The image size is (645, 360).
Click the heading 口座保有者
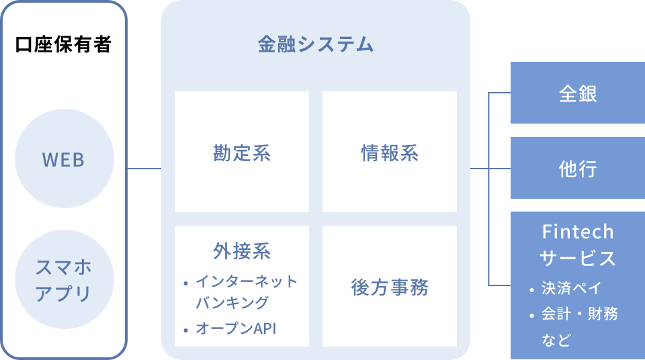tap(63, 44)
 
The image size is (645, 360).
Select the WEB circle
tap(64, 159)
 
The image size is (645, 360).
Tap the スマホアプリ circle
tap(64, 279)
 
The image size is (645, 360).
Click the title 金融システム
tap(316, 44)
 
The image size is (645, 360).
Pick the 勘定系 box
tap(242, 152)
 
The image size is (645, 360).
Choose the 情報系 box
tap(390, 152)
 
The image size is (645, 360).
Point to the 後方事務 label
tap(390, 287)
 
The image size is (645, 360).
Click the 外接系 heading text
tap(242, 251)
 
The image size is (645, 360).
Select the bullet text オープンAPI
tap(236, 328)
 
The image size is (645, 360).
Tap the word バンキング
tap(232, 302)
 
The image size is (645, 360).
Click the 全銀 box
tap(578, 93)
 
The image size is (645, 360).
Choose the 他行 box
tap(578, 168)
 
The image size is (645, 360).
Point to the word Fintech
tap(578, 232)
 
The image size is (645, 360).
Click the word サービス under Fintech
tap(578, 259)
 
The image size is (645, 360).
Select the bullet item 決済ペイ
tap(572, 288)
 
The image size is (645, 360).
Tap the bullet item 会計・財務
tap(580, 314)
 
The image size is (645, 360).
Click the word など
tap(556, 340)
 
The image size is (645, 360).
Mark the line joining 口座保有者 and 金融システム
tap(144, 169)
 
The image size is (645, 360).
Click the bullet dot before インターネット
tap(186, 283)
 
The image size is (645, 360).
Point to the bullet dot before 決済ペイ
tap(532, 290)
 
